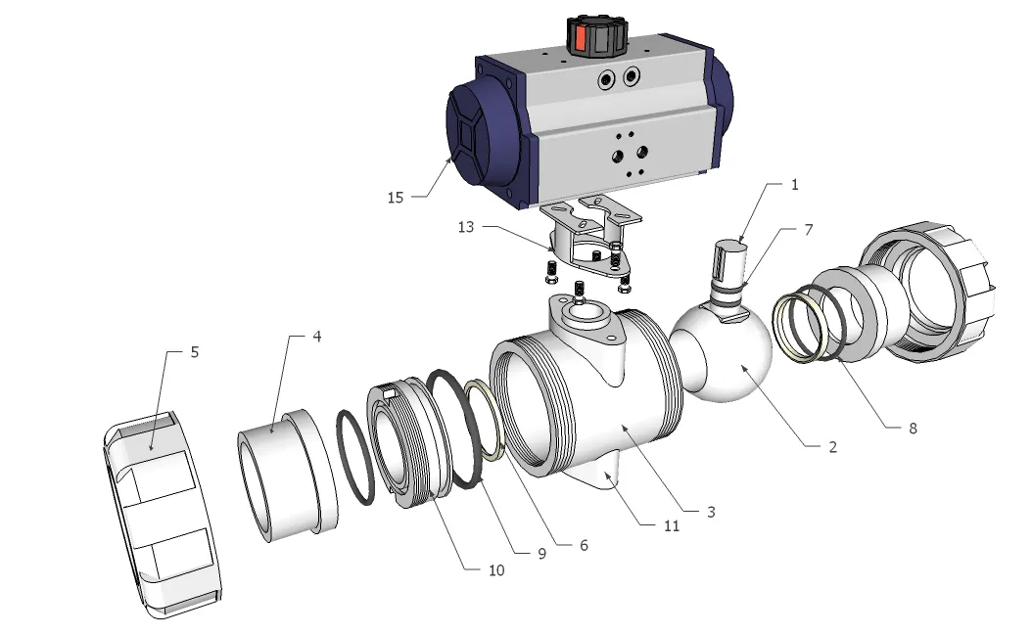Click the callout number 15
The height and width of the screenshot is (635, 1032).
point(395,198)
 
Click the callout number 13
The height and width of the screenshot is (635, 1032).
point(467,228)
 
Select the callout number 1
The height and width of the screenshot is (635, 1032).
point(795,184)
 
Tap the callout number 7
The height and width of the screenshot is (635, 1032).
point(809,229)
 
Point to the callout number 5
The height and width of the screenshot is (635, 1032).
point(194,352)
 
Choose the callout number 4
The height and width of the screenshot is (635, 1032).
point(317,337)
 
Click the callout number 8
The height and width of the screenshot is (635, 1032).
point(913,428)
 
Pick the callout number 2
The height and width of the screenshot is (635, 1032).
point(832,447)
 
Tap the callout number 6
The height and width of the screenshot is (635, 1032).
point(584,545)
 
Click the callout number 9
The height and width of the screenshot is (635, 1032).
point(540,553)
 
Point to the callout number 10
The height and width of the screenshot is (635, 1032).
point(496,569)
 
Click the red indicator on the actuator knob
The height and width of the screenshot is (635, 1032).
point(580,38)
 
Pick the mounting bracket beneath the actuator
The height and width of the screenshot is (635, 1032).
point(587,240)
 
